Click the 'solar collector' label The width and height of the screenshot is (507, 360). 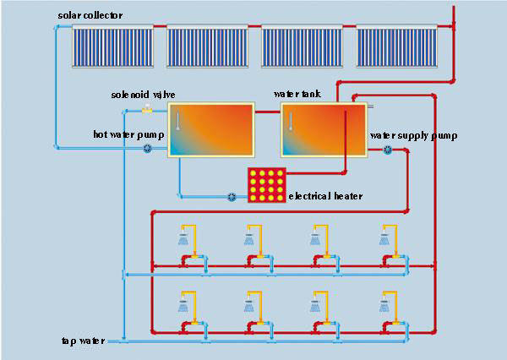(90, 16)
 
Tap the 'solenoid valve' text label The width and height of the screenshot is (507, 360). (143, 94)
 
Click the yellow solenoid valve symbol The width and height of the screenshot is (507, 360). (147, 108)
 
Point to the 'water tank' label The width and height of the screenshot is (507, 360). (297, 94)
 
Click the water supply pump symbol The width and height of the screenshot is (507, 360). (388, 150)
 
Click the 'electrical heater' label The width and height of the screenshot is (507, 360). (325, 197)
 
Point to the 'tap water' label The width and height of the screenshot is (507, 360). (83, 341)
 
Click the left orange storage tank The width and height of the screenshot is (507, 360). (211, 129)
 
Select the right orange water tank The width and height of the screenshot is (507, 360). (325, 129)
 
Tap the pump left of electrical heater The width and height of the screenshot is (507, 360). (232, 197)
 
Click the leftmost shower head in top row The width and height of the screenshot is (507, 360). (183, 239)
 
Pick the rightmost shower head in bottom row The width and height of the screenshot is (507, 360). (383, 303)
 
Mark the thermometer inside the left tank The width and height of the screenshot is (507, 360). (178, 121)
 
